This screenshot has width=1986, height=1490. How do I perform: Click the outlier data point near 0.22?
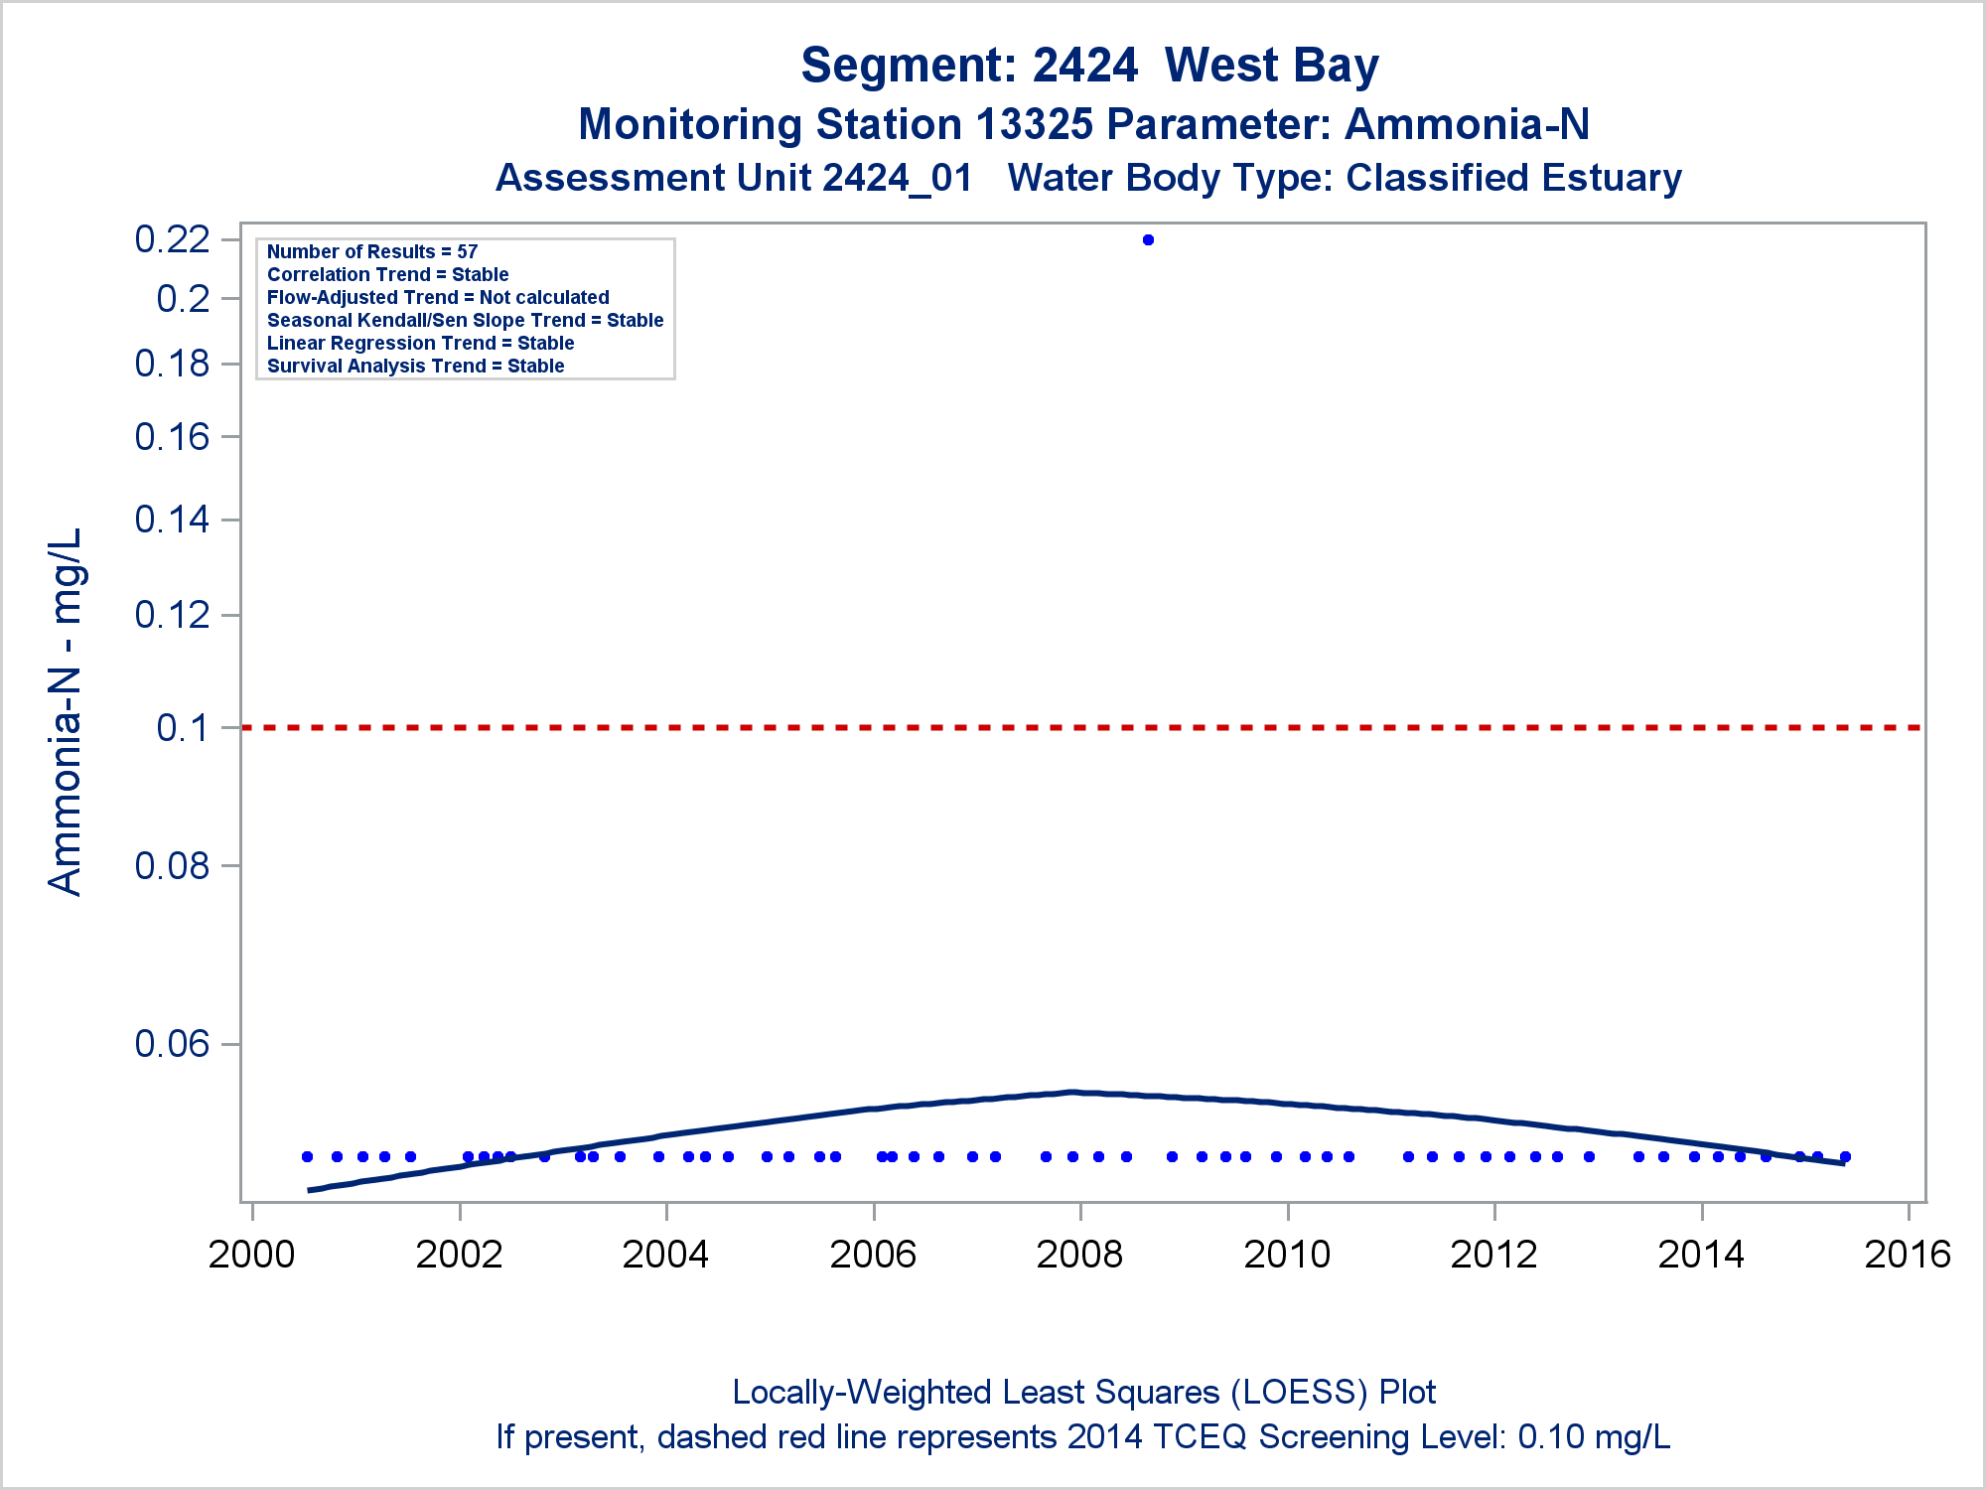tap(1148, 239)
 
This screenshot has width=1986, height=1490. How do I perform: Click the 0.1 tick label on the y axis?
tap(183, 728)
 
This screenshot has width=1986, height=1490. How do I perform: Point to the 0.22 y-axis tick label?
tap(172, 239)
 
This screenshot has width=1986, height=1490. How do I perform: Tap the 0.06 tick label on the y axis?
tap(172, 1044)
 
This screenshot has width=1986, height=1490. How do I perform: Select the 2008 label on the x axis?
tap(1079, 1255)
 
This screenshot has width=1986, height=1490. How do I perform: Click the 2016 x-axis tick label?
tap(1908, 1255)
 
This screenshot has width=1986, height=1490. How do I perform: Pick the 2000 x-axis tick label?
tap(251, 1255)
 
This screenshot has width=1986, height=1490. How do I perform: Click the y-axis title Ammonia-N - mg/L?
tap(66, 711)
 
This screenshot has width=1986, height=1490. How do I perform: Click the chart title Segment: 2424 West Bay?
tap(1089, 66)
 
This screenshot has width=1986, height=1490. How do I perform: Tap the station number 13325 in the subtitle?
tap(1034, 125)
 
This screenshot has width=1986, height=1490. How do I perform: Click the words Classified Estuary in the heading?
tap(1513, 179)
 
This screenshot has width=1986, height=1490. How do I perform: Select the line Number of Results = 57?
tap(372, 252)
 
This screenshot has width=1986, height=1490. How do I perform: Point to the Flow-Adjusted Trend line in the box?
tap(438, 298)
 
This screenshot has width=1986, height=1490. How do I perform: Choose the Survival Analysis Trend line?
tap(415, 367)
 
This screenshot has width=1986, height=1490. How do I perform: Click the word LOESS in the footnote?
tap(1294, 1393)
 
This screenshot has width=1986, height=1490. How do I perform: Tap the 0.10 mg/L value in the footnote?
tap(1594, 1437)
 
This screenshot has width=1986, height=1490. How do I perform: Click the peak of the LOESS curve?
tap(1072, 1092)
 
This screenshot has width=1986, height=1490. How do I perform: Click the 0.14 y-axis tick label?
tap(172, 520)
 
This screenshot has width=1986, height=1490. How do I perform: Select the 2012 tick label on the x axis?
tap(1493, 1255)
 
